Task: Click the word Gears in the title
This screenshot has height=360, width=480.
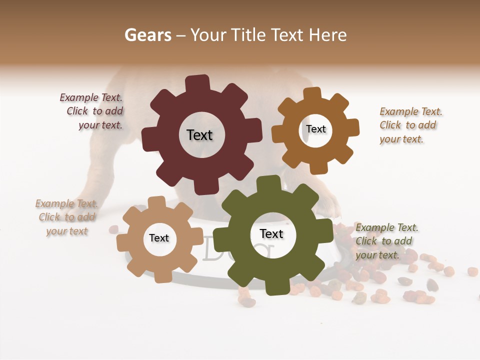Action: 147,35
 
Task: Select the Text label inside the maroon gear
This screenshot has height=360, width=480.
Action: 199,135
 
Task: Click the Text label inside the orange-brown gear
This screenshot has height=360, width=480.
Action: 315,129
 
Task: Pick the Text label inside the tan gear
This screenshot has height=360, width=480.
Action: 159,238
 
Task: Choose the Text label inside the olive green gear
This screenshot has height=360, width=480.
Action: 271,234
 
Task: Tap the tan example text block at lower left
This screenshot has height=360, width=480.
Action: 67,217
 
